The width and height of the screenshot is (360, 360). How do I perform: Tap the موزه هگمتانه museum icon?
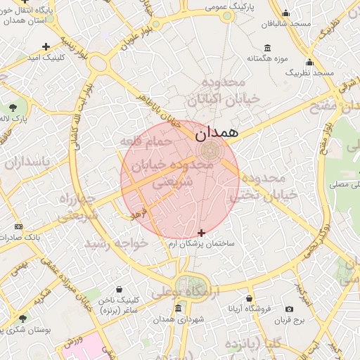click(268, 48)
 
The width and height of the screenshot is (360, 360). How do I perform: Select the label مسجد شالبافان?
click(286, 24)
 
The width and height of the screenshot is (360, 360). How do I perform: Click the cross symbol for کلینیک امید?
click(46, 46)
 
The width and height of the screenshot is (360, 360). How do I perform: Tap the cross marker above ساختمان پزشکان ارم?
click(202, 233)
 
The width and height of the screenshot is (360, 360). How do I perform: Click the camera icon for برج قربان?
click(289, 309)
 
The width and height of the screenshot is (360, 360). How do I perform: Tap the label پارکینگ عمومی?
click(229, 6)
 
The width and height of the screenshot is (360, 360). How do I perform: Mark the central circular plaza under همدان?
click(209, 150)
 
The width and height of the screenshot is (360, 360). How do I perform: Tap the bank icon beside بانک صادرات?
click(18, 226)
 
